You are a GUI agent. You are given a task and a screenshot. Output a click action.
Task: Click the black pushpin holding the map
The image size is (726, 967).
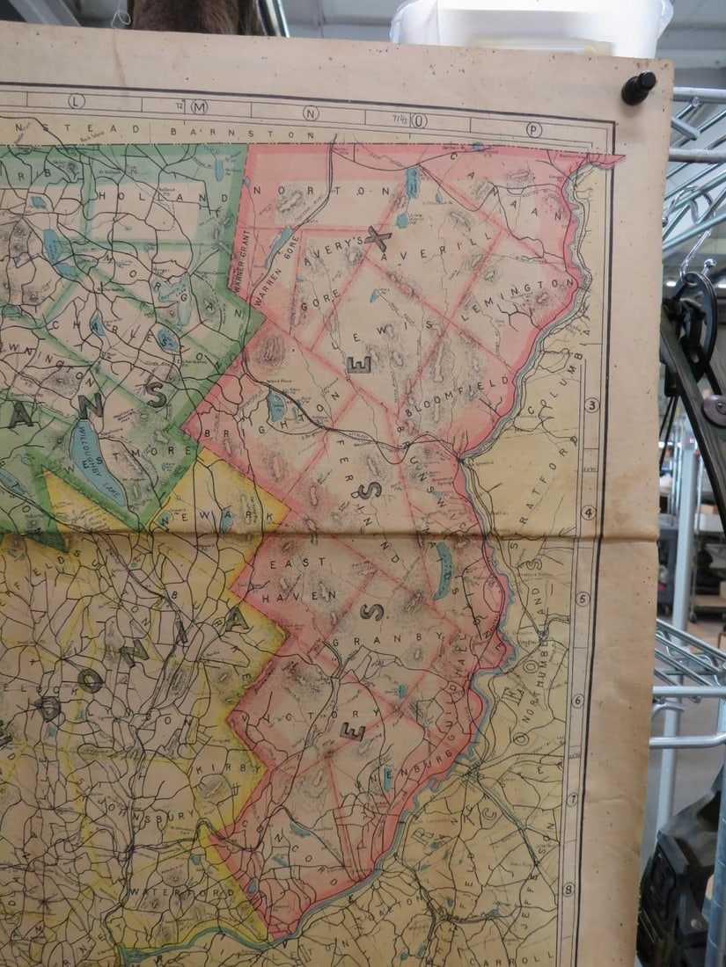(x=638, y=88)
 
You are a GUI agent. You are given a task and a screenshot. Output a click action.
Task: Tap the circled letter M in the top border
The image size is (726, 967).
(x=199, y=107)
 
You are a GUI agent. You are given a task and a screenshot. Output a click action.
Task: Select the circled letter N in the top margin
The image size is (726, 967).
(x=311, y=113)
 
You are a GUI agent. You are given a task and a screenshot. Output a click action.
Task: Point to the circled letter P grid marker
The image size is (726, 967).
(x=533, y=128)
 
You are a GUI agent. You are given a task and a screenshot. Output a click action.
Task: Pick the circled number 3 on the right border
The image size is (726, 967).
(x=591, y=405)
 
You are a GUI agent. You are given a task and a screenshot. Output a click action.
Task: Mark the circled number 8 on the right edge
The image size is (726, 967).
(x=568, y=889)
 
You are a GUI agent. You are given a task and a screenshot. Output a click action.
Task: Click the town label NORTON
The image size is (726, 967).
(x=322, y=189)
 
